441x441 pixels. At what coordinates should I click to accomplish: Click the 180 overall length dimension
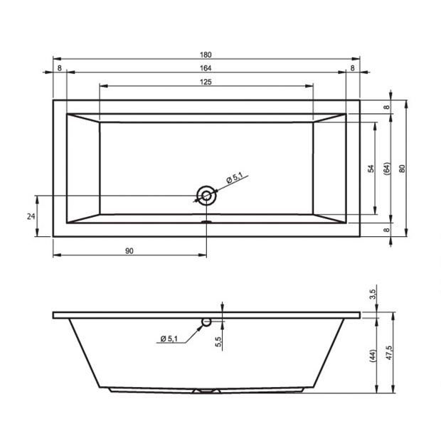tap(206, 55)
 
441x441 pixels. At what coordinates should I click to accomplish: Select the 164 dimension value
tap(206, 68)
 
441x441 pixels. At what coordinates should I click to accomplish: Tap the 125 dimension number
tap(206, 82)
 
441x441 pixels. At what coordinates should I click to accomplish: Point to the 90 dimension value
tap(129, 251)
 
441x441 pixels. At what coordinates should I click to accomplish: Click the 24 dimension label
tap(31, 216)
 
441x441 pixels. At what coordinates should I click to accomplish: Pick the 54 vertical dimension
tap(371, 169)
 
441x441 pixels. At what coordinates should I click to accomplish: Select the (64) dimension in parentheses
tap(387, 169)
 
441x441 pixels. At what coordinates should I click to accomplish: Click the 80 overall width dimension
tap(403, 169)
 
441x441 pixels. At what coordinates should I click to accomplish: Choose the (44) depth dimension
tap(373, 356)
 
